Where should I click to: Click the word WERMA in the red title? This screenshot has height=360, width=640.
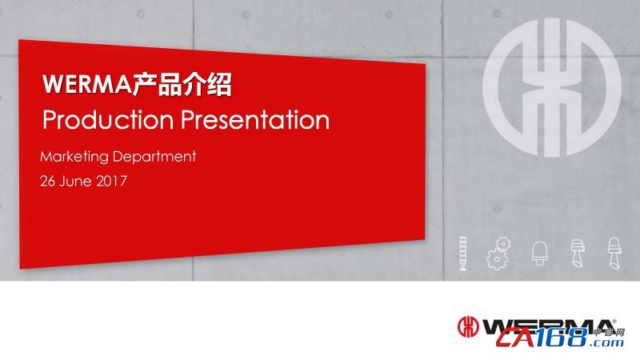point(86,84)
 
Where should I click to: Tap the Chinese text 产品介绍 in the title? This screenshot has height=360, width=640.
point(182,84)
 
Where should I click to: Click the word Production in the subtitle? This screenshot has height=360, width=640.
point(108,119)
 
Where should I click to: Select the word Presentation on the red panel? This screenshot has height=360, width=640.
point(255,119)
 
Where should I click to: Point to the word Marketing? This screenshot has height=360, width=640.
point(74,157)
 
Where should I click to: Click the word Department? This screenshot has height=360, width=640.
point(154,157)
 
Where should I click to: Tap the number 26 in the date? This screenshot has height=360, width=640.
point(47,181)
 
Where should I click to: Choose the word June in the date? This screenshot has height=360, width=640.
point(75,181)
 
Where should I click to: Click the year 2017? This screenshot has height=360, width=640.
point(111,181)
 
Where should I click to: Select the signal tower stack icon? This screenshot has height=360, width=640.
point(463,253)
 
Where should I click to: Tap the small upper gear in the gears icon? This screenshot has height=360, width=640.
point(503,244)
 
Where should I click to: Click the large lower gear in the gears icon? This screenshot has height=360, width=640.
point(496,259)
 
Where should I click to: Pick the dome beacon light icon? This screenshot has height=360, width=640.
point(539,254)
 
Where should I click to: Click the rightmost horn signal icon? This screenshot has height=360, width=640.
point(614,253)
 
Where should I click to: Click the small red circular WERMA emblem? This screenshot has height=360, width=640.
point(468,326)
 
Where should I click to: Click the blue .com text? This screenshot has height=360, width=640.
point(608,342)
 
